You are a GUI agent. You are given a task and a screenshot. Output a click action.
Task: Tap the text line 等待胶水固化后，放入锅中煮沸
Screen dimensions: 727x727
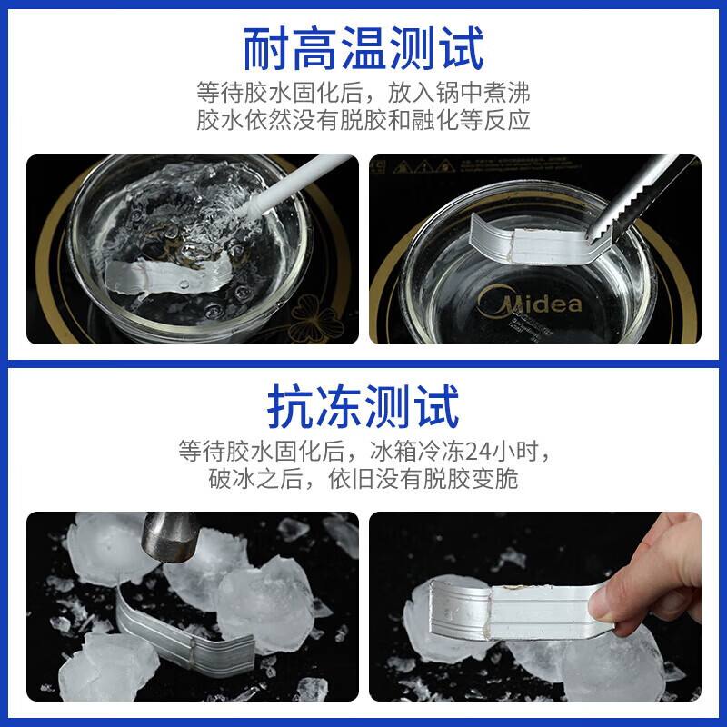[363, 93]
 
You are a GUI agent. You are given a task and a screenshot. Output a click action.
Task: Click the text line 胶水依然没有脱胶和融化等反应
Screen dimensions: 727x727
[363, 121]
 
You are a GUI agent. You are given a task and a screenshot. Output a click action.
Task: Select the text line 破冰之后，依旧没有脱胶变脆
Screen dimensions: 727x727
[363, 479]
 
